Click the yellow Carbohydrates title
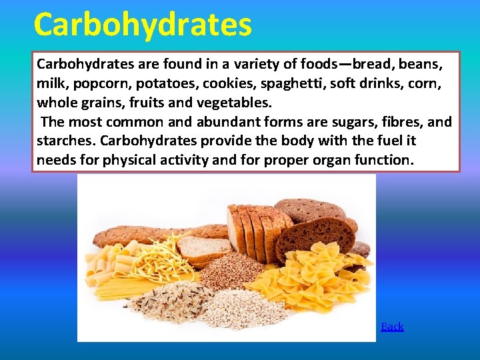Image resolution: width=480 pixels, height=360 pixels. [143, 25]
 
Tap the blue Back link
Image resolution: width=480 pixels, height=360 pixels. [392, 326]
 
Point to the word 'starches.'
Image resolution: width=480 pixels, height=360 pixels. [67, 141]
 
